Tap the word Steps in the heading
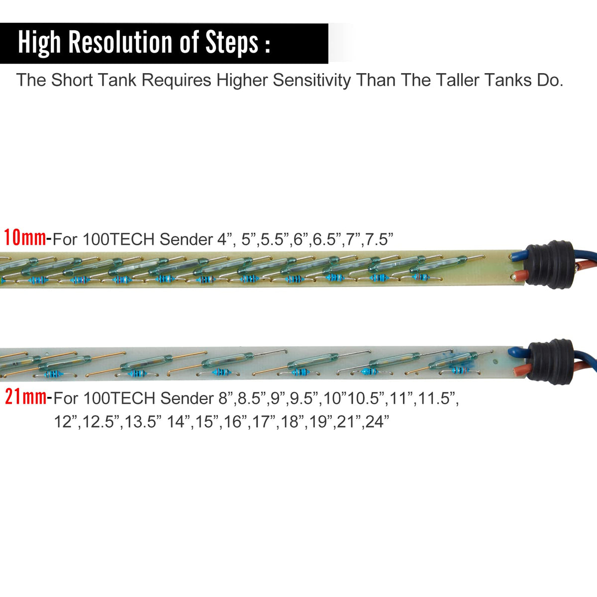232,43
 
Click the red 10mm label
25,238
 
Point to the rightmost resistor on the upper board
420,277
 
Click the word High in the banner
39,43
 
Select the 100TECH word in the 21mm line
119,398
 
